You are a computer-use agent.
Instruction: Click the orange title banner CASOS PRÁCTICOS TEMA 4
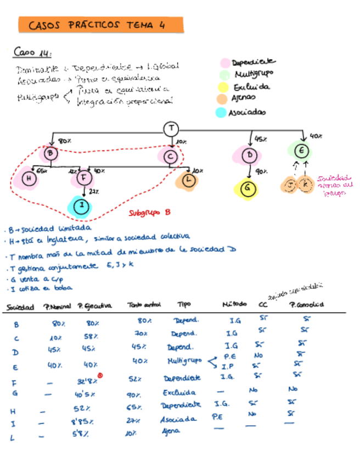100,25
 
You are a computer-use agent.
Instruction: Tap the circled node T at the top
171,129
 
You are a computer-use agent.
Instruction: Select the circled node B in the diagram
50,154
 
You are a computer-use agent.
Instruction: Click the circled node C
170,157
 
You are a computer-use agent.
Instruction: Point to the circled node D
250,156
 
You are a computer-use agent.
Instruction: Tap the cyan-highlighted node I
82,206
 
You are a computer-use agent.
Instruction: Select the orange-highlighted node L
189,179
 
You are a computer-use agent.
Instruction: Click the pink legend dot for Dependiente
224,64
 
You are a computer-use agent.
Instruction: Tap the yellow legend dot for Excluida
223,87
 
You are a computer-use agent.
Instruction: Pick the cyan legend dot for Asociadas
221,112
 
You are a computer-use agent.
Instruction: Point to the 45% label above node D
261,139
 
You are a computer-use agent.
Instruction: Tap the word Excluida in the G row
179,393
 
